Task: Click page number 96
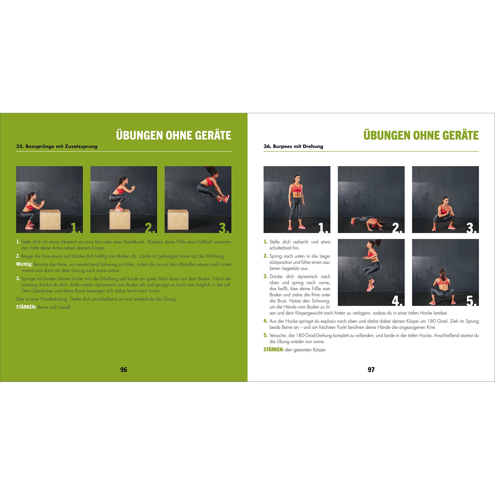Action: (x=124, y=370)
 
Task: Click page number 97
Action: (x=371, y=370)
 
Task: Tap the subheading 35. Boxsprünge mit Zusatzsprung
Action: (x=57, y=147)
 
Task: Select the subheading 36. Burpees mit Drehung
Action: (x=293, y=147)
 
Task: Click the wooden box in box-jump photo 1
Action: (x=50, y=220)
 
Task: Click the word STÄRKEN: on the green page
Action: (x=26, y=307)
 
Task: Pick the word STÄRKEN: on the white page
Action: (x=274, y=349)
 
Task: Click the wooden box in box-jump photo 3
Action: (x=178, y=220)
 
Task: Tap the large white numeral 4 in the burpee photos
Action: (x=397, y=299)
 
